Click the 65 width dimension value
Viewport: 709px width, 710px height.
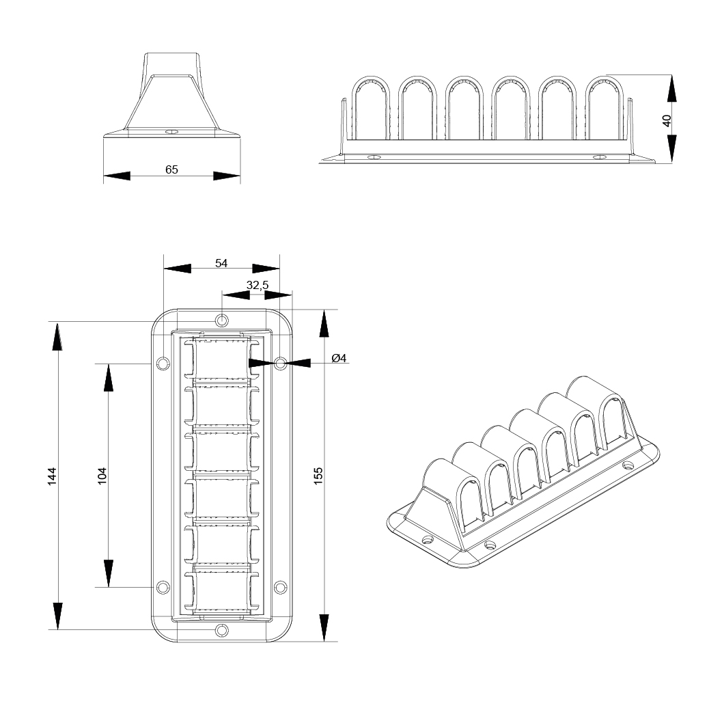[171, 169]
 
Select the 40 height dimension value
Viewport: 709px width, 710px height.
[667, 120]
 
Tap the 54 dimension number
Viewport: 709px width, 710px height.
[221, 262]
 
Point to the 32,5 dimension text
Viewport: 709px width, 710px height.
[257, 286]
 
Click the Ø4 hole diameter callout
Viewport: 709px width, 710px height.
[339, 358]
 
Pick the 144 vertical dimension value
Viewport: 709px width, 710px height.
[53, 476]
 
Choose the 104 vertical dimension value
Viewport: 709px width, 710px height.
[102, 476]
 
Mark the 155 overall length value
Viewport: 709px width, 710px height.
[318, 476]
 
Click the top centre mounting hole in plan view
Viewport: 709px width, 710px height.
[221, 320]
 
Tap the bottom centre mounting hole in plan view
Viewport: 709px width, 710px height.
[221, 630]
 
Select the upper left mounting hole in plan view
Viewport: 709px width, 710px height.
[163, 363]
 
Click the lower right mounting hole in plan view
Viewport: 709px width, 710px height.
[280, 587]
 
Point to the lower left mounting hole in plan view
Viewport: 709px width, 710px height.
[163, 587]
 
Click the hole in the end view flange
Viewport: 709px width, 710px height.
[171, 131]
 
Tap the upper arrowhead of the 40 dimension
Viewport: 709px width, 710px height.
[672, 88]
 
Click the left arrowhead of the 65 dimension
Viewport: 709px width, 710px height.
[116, 176]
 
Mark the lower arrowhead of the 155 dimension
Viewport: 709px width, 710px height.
[324, 627]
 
